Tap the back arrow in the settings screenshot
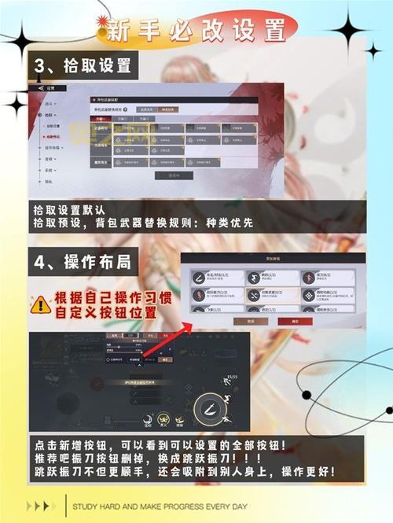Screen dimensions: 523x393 [x=40, y=88]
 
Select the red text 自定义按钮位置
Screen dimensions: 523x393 [x=106, y=313]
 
